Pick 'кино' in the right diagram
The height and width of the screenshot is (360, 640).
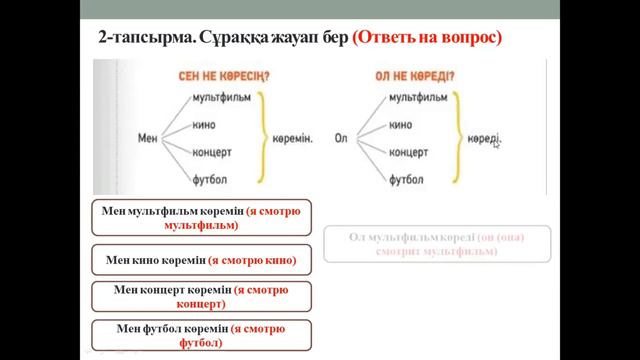pyautogui.click(x=401, y=125)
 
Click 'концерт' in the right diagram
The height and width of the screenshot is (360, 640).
pyautogui.click(x=410, y=153)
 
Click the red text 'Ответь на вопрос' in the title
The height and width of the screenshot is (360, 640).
pyautogui.click(x=427, y=37)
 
